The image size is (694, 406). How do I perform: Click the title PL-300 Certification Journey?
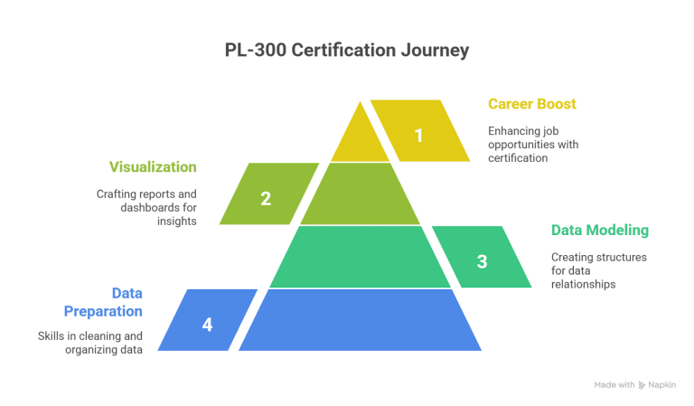pos(347,51)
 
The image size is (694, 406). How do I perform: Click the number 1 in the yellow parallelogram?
pos(418,136)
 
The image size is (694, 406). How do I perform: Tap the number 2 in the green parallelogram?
pos(266,199)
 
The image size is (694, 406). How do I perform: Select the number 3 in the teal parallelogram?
pos(482,261)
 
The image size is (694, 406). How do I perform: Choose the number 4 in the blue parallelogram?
pos(208,324)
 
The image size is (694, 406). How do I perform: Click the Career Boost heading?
pos(531,104)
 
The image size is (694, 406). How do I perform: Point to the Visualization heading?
pos(153,167)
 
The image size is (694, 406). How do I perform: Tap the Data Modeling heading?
pos(599,230)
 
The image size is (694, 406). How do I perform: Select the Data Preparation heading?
pos(102,302)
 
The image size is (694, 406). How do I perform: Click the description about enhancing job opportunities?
pos(532,144)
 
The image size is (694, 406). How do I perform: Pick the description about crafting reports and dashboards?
pos(146,207)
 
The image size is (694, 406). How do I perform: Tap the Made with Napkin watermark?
pos(635,385)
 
